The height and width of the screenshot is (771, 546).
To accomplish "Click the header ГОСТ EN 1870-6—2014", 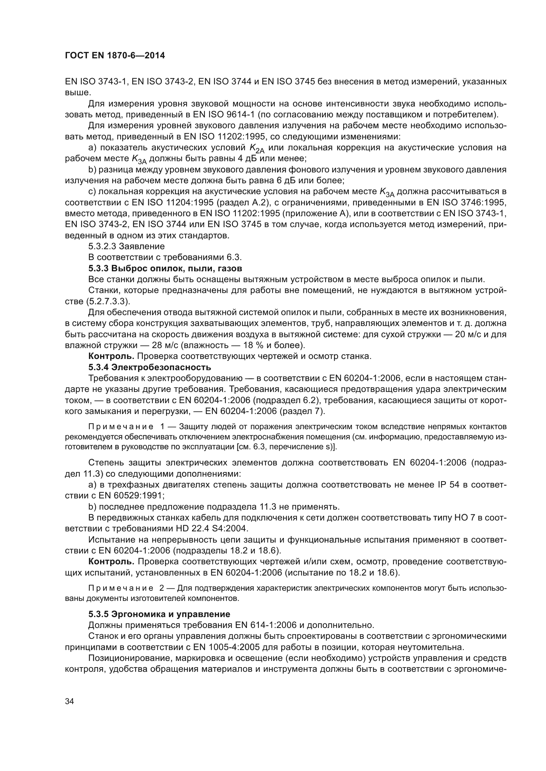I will [x=115, y=56].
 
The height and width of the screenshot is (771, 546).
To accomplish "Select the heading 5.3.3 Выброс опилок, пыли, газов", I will [x=165, y=268].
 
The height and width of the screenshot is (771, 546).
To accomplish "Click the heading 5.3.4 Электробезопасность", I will [x=150, y=367].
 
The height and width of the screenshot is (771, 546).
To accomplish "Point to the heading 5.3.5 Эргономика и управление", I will [x=159, y=614].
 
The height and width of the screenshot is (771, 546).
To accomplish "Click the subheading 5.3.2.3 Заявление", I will [x=126, y=246].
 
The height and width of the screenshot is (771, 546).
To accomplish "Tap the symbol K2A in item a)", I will [x=256, y=148].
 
